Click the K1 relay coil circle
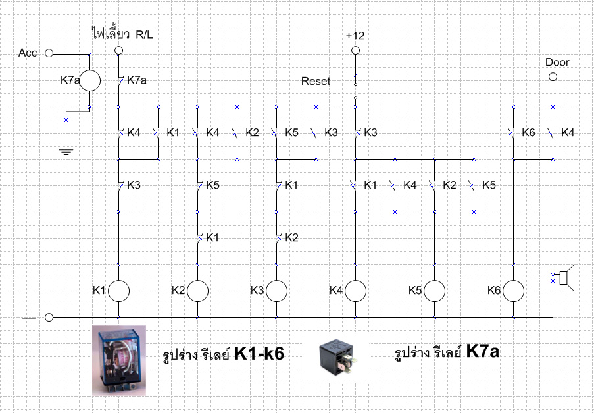(118, 291)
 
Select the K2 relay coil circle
(197, 291)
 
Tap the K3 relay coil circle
(276, 291)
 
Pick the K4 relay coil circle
(355, 291)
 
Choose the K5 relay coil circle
(434, 291)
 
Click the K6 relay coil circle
(513, 291)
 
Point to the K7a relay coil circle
(90, 80)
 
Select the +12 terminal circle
(355, 51)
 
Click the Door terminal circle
(553, 77)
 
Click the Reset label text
(316, 82)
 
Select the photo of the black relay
(343, 357)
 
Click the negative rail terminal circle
(49, 317)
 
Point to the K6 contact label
(528, 133)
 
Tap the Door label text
(557, 62)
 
